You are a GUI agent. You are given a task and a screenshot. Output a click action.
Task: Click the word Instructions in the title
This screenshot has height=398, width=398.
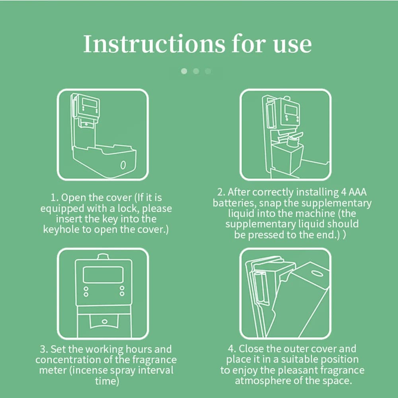[x=154, y=44]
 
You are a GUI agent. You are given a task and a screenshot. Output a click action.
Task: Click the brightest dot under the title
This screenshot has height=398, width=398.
[x=184, y=71]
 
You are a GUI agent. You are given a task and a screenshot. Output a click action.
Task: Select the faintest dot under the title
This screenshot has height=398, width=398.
[x=208, y=71]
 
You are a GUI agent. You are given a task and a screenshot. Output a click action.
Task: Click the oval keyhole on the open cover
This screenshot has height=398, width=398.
[x=123, y=165]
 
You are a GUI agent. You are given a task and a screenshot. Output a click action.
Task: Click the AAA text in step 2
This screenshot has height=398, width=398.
[x=357, y=192]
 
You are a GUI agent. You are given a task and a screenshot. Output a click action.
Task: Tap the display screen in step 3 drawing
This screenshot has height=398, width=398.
[x=103, y=275]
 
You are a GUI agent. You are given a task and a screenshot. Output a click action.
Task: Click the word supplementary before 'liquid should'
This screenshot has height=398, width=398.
[x=260, y=224]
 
